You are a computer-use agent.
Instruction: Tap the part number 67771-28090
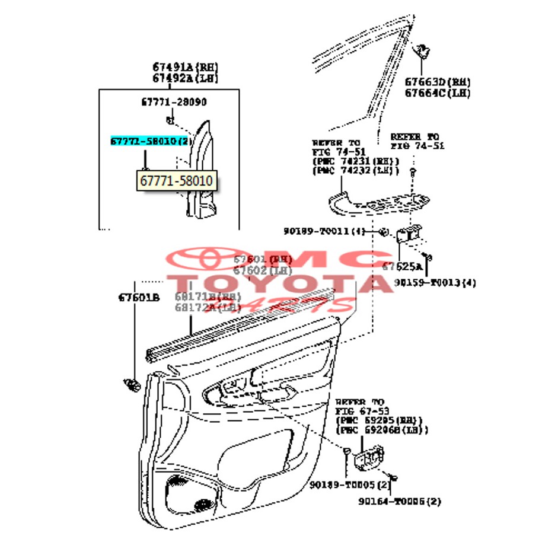point(174,102)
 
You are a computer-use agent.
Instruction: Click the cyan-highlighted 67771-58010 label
point(152,142)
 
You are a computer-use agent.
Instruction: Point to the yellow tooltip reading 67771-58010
point(177,180)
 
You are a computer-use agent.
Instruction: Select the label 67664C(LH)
point(438,93)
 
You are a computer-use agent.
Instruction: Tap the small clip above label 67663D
point(424,52)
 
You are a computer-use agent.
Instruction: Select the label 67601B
point(139,297)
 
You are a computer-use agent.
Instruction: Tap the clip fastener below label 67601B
point(131,385)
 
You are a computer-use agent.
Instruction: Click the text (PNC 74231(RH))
point(355,161)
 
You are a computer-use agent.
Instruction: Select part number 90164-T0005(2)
point(400,501)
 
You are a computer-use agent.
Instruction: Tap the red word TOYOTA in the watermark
point(279,283)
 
